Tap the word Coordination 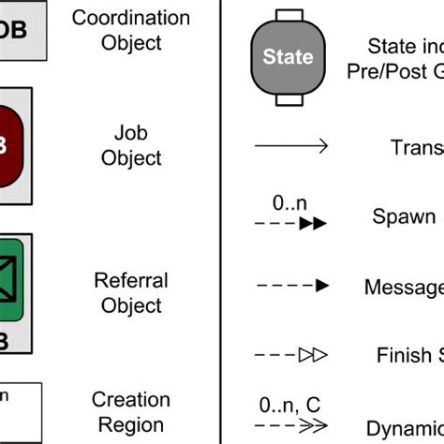tap(130, 18)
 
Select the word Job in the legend tap(130, 134)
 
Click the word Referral tap(130, 280)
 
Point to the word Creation tap(130, 400)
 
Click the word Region tap(130, 424)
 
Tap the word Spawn tap(404, 216)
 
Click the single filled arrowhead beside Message tap(320, 285)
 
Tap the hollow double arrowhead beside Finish tap(313, 355)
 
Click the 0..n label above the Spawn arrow tap(289, 201)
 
